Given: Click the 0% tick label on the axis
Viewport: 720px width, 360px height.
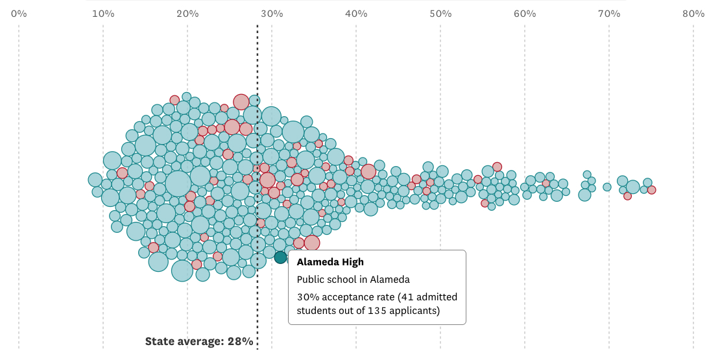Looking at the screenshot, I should pos(19,14).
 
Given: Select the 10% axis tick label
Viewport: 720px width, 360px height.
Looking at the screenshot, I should pos(103,14).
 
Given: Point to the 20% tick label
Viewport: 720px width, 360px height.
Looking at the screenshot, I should pos(187,14).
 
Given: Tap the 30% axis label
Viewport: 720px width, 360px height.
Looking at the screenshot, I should pos(272,14).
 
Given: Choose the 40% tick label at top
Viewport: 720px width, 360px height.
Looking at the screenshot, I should pos(356,14).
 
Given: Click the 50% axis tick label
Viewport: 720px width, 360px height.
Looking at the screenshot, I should pos(440,14).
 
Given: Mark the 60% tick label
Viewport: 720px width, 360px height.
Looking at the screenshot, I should pos(525,14).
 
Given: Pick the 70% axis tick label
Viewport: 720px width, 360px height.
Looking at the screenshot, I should pos(609,14).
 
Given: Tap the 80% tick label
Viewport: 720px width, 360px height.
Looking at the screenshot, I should pos(693,14).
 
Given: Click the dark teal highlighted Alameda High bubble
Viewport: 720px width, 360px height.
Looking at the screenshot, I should pos(280,257).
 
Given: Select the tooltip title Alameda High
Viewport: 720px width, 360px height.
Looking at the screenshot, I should pos(330,262).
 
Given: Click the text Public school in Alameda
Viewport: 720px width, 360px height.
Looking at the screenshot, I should pos(354,280).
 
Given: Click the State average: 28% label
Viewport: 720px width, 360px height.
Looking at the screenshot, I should pos(199,341).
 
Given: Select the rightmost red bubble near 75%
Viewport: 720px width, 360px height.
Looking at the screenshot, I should pos(651,190).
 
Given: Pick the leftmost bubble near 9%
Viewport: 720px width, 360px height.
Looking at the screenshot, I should pos(95,180).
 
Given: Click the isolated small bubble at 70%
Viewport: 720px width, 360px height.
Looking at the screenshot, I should pos(607,187).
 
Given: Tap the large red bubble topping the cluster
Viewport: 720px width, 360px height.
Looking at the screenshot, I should pos(241,102).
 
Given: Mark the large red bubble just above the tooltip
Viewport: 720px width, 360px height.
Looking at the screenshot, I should pos(312,243).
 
